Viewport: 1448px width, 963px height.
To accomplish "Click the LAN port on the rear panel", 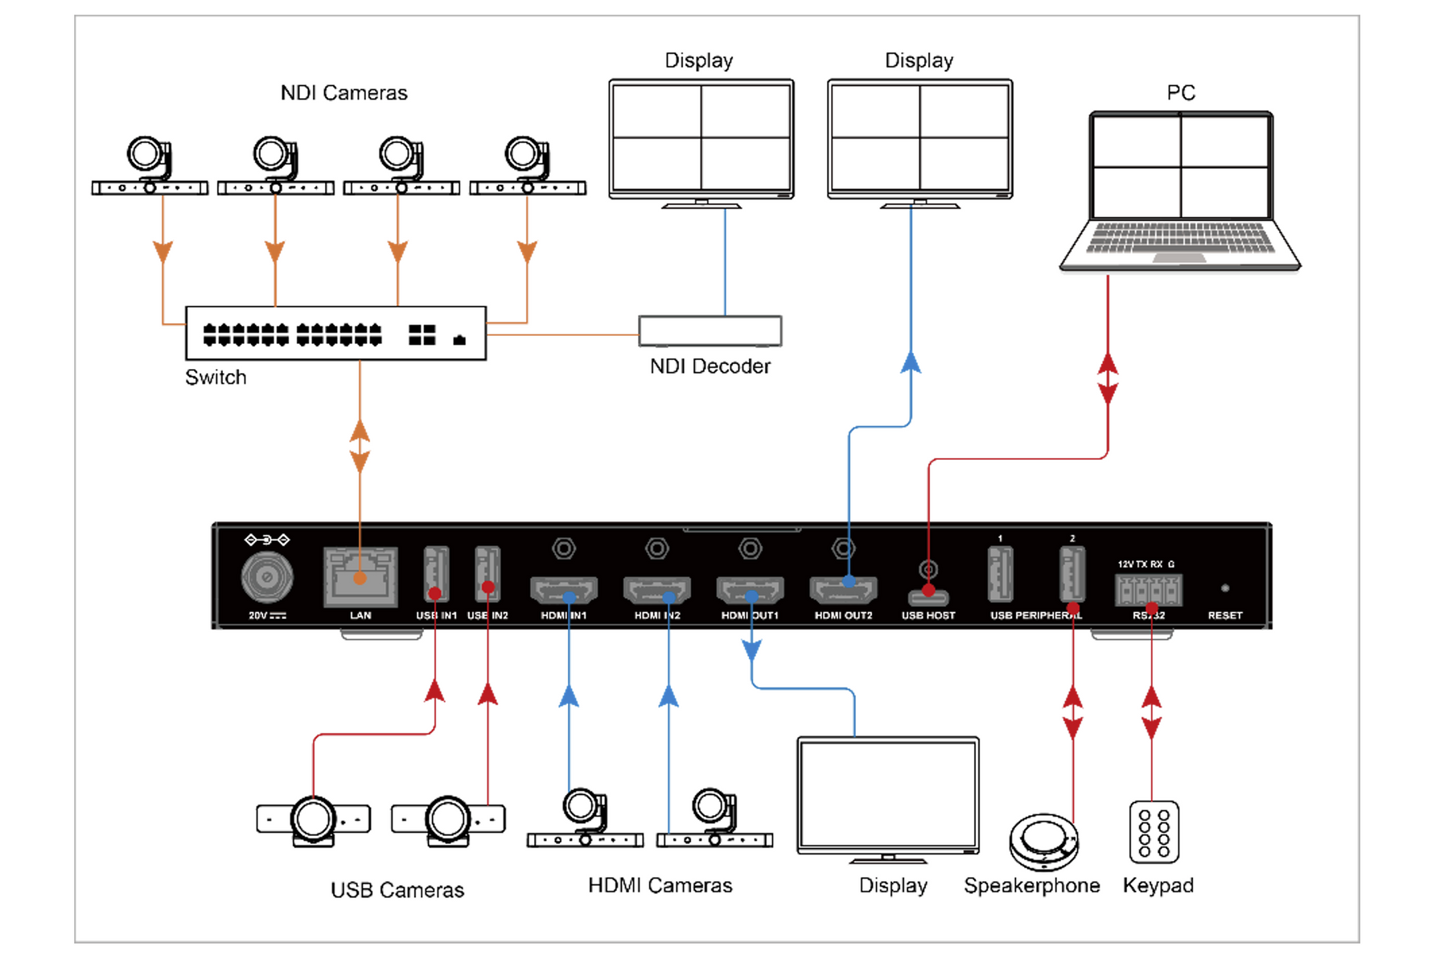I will tap(360, 576).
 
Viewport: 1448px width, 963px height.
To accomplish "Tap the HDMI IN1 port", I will tap(563, 591).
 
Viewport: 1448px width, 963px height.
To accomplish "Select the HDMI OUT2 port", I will tap(842, 591).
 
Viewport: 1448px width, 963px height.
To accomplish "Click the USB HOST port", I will tap(928, 597).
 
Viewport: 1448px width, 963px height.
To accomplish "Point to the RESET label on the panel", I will tap(1224, 615).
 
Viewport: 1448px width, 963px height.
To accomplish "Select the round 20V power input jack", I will tap(267, 576).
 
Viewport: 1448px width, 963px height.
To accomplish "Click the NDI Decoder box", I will tap(710, 330).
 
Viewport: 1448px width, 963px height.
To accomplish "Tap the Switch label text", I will tap(216, 377).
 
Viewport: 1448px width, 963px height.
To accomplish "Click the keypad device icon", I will tap(1154, 832).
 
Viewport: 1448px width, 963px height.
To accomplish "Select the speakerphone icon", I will tap(1043, 842).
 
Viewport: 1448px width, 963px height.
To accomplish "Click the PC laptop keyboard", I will tap(1180, 239).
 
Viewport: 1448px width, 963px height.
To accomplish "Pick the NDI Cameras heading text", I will tap(343, 92).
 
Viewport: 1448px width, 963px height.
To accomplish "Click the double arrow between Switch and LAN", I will tap(360, 446).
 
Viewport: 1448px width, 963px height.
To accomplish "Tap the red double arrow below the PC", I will tap(1108, 379).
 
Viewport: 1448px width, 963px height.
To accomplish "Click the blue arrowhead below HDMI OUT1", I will tap(751, 650).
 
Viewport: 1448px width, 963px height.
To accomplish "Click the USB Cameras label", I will tap(397, 890).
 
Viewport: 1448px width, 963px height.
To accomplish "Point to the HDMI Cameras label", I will tap(660, 885).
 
